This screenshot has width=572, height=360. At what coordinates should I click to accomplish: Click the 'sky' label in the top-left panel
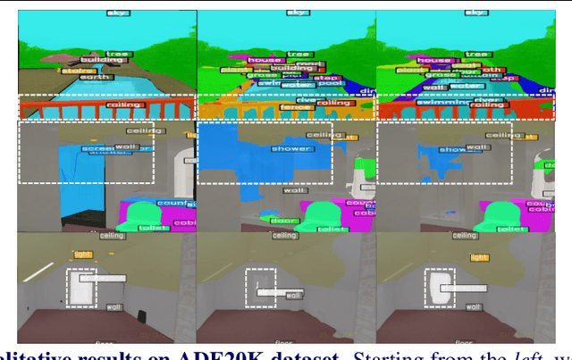coord(116,13)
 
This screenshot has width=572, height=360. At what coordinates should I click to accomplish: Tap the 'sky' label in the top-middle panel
coord(297,13)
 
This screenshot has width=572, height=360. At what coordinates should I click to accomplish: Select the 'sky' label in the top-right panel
coord(477,13)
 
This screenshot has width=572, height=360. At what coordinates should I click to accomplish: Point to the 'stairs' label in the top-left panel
coord(78,70)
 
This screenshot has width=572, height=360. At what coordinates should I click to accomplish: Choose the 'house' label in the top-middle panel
coord(260,61)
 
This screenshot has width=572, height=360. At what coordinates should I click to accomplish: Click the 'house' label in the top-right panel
coord(438,61)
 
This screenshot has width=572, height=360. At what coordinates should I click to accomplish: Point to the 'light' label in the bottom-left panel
coord(84,255)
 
